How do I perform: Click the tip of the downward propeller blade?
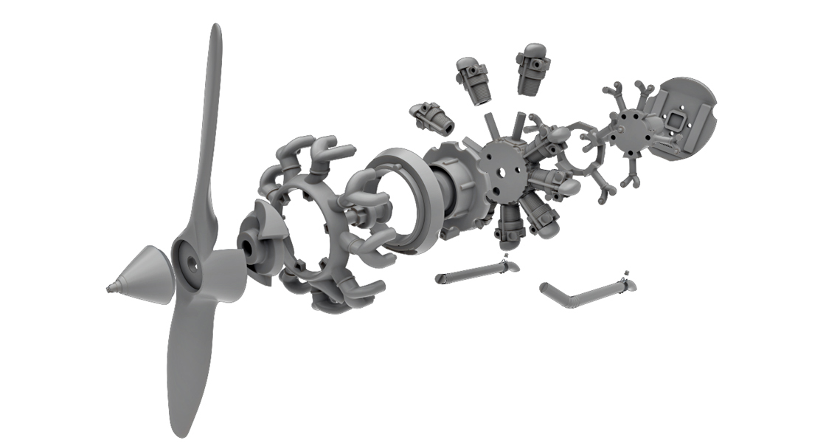(176, 430)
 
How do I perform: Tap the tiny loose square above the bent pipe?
(626, 272)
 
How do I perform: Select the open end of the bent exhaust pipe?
(546, 286)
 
